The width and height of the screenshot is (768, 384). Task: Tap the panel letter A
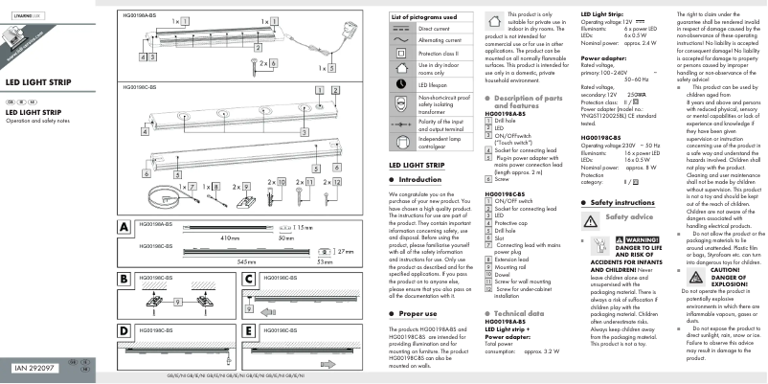coord(123,228)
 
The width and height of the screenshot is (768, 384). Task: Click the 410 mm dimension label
coord(230,236)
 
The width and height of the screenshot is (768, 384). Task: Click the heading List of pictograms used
coord(424,18)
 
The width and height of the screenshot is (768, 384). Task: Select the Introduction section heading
coord(418,179)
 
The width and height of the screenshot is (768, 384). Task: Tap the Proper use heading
coord(418,340)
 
